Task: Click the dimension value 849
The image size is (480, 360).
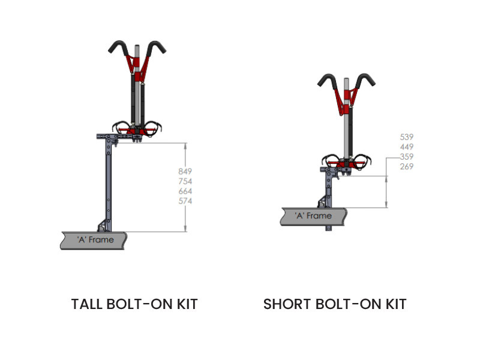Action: point(185,172)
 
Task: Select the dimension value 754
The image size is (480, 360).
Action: point(185,181)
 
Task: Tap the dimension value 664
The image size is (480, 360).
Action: point(185,191)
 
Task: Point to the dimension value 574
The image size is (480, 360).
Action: point(185,201)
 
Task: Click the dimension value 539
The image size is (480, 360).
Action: point(407,137)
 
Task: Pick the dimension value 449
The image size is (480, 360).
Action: point(407,146)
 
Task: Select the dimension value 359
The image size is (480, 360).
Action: point(407,157)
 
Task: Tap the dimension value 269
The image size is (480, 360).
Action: point(407,166)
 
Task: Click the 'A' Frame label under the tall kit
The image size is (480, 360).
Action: point(95,239)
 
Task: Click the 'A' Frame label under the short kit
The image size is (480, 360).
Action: point(313,215)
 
